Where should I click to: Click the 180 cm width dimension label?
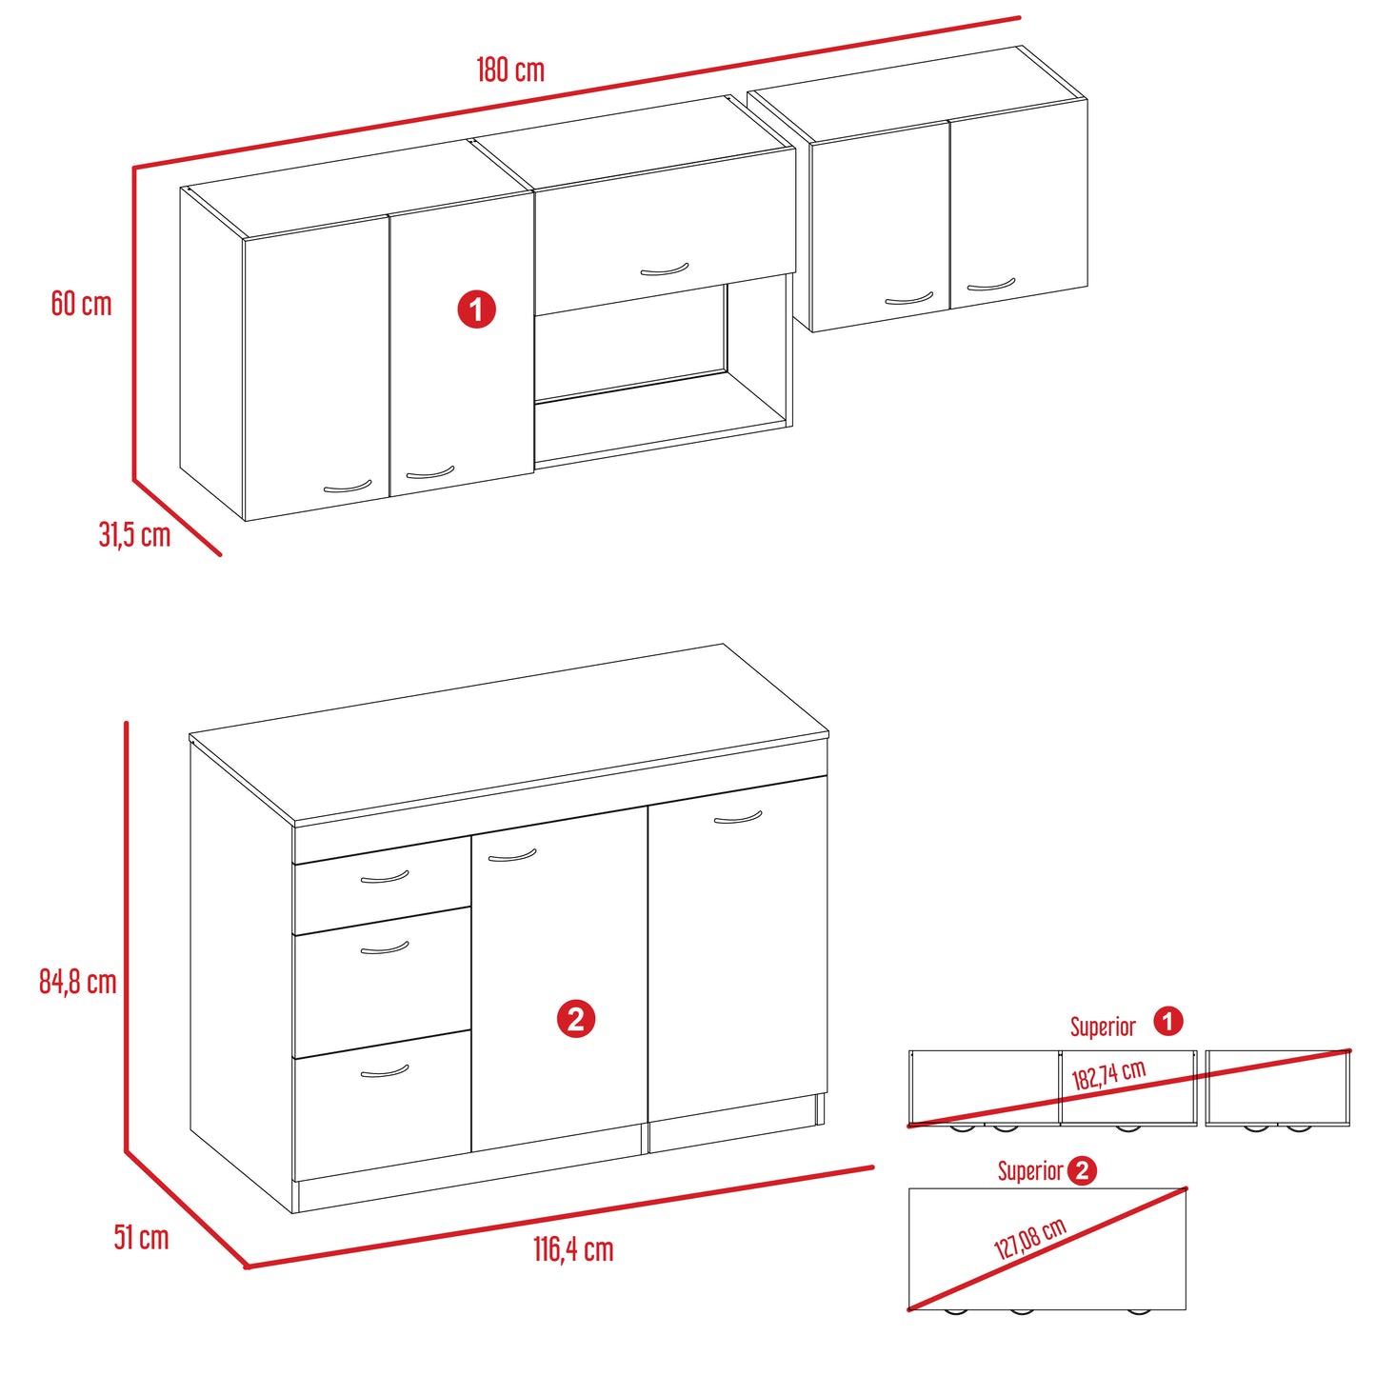pyautogui.click(x=509, y=70)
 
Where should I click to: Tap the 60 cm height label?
pyautogui.click(x=81, y=304)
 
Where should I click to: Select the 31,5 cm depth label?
pyautogui.click(x=134, y=534)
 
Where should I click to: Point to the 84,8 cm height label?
pyautogui.click(x=78, y=983)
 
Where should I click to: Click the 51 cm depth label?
pyautogui.click(x=141, y=1238)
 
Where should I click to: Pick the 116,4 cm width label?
pyautogui.click(x=573, y=1249)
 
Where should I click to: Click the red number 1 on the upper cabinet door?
pyautogui.click(x=476, y=309)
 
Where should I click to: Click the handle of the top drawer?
pyautogui.click(x=385, y=878)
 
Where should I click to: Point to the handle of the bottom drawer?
pyautogui.click(x=385, y=1072)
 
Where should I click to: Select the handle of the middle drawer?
pyautogui.click(x=385, y=949)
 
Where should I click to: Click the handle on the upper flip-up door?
pyautogui.click(x=664, y=269)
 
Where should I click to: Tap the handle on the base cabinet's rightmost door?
pyautogui.click(x=738, y=818)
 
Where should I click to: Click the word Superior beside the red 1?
pyautogui.click(x=1103, y=1027)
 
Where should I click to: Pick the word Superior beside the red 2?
pyautogui.click(x=1030, y=1171)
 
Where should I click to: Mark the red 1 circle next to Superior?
pyautogui.click(x=1168, y=1021)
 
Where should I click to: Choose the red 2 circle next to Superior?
pyautogui.click(x=1082, y=1171)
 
